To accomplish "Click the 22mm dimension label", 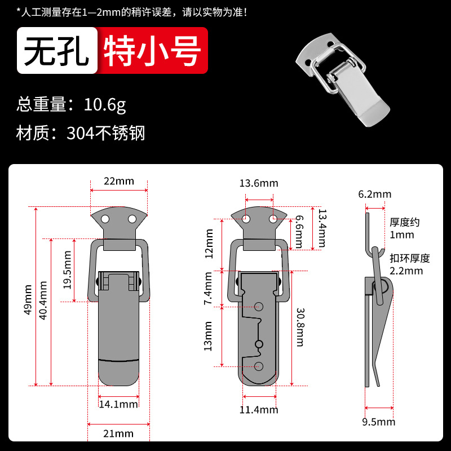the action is click(x=119, y=181).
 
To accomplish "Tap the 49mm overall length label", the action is click(x=28, y=300).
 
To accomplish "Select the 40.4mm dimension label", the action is click(x=43, y=300).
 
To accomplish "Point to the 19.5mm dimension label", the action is click(x=67, y=270).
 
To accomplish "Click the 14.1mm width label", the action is click(x=118, y=404).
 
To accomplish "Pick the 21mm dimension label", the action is click(x=118, y=434).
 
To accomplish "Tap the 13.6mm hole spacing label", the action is click(x=259, y=183).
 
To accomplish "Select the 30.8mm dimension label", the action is click(x=300, y=328).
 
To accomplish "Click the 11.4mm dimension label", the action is click(x=259, y=410).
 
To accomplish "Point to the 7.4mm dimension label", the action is click(x=207, y=288).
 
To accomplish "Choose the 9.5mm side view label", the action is click(x=378, y=422).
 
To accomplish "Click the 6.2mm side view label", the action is click(x=375, y=194).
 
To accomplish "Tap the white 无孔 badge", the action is click(x=58, y=51).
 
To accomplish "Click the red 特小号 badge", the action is click(x=152, y=51).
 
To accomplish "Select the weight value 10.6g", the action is click(x=105, y=105).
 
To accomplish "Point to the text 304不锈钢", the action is click(x=106, y=133).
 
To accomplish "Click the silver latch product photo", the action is click(x=343, y=79).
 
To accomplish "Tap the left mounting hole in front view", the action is click(x=105, y=219).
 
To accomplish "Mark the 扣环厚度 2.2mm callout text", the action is click(x=410, y=264).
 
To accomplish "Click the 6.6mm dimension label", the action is click(x=299, y=232).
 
